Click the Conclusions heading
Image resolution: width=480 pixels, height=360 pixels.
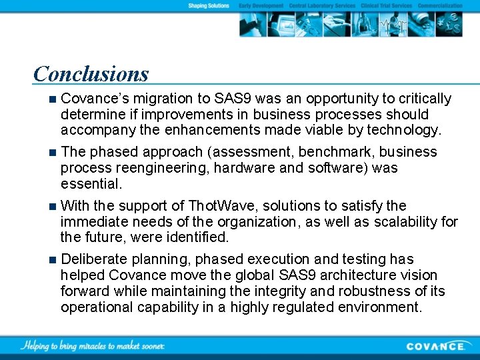point(91,73)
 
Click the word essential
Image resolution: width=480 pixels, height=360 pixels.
point(91,183)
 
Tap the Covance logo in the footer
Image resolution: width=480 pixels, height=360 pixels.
point(436,345)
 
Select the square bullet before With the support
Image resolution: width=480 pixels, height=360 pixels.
point(53,206)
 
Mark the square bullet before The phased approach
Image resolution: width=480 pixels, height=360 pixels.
point(53,153)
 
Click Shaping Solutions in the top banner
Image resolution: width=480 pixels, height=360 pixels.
point(209,5)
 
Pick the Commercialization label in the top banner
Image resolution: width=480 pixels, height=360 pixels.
point(440,5)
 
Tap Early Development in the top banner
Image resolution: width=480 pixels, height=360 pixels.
point(261,5)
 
